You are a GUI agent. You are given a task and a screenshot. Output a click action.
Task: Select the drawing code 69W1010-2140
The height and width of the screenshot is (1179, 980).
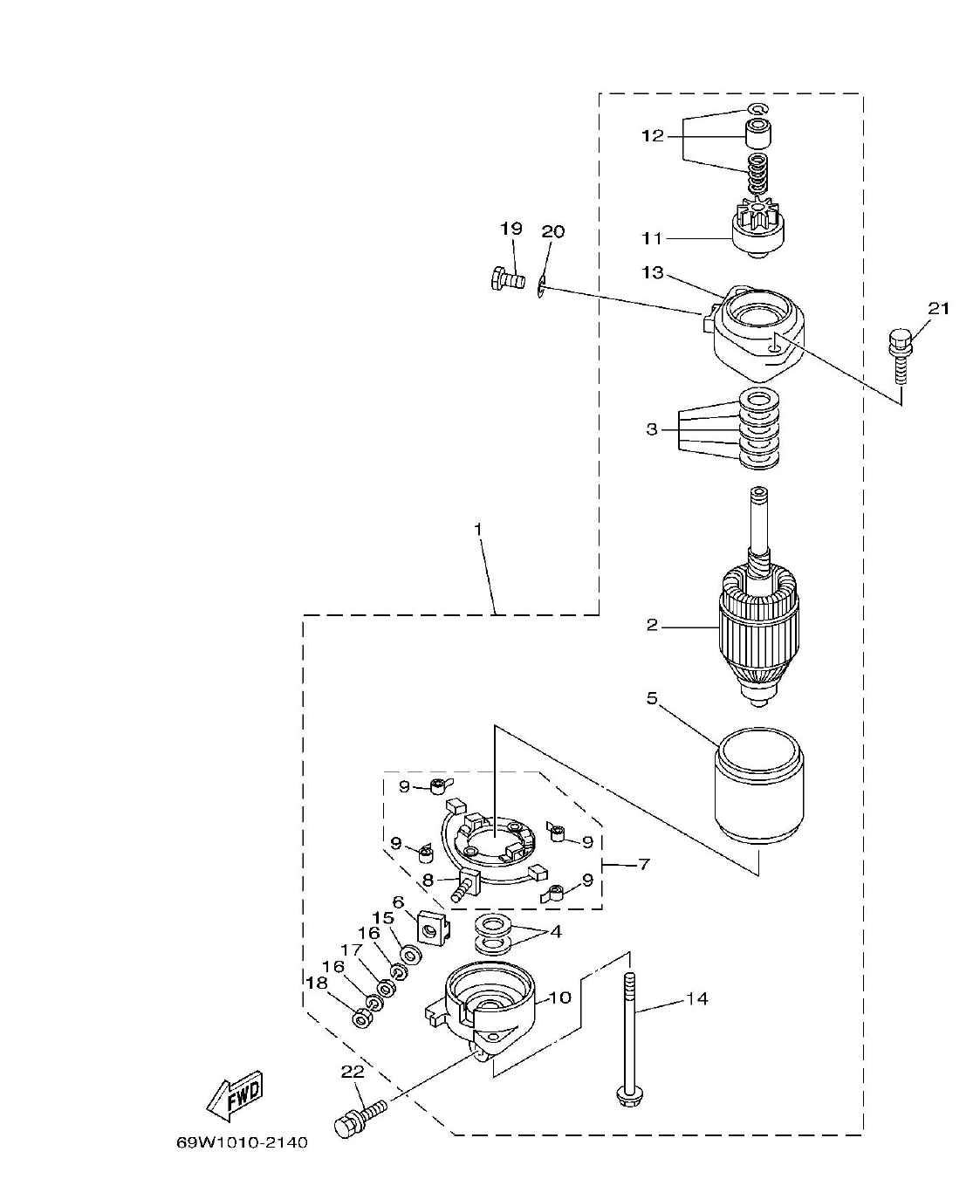click(x=241, y=1142)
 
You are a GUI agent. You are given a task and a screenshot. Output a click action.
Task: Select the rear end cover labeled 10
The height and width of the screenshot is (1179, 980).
click(x=489, y=1004)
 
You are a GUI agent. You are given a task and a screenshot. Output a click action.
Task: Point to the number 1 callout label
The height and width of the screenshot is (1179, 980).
click(x=477, y=530)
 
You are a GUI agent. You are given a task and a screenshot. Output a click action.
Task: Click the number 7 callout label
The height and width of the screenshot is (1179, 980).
click(x=644, y=865)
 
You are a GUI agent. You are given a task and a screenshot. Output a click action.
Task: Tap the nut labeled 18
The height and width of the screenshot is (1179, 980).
click(x=360, y=1018)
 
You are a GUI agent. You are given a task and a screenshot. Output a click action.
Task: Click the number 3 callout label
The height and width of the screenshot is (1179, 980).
click(x=652, y=429)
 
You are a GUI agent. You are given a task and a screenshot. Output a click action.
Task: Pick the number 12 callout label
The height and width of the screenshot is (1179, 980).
click(x=653, y=136)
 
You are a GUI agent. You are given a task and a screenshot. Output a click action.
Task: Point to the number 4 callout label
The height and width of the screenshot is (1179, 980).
click(x=556, y=932)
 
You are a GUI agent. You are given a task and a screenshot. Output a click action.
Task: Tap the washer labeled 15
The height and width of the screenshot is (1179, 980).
click(x=409, y=956)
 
